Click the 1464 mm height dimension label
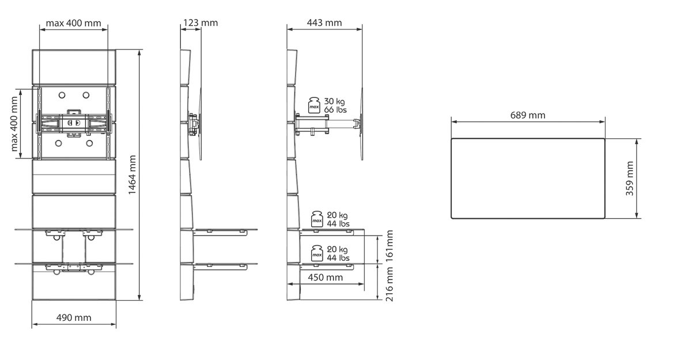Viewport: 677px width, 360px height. point(133,175)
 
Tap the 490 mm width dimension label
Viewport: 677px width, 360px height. point(74,318)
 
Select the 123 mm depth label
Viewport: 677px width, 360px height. point(201,22)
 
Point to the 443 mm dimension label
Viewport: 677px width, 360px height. point(324,22)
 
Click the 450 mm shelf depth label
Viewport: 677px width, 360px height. point(325,278)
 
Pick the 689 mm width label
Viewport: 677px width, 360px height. point(528,115)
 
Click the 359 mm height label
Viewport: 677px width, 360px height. point(630,179)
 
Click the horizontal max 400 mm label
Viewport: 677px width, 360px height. point(74,23)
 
